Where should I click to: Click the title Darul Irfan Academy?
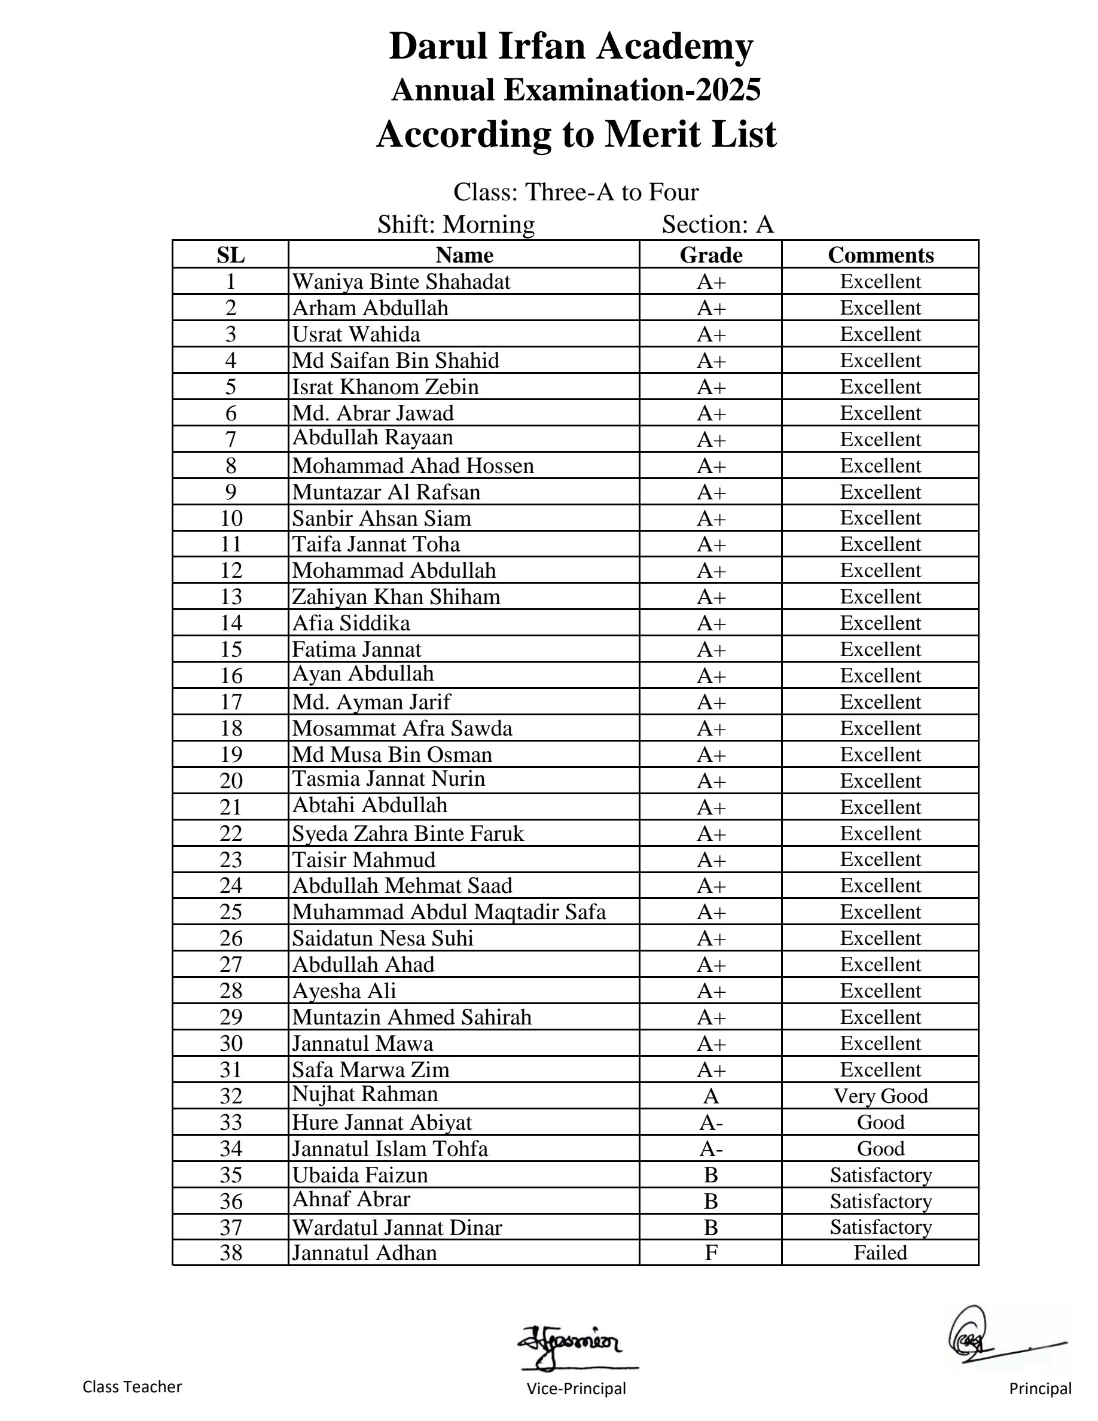pyautogui.click(x=571, y=47)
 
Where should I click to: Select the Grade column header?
pyautogui.click(x=710, y=255)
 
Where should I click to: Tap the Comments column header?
pyautogui.click(x=880, y=255)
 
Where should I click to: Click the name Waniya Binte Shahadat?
pyautogui.click(x=401, y=282)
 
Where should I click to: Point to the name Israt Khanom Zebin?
pyautogui.click(x=385, y=387)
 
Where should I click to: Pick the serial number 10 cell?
pyautogui.click(x=231, y=519)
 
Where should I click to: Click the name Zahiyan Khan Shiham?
pyautogui.click(x=396, y=597)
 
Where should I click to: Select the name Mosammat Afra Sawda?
pyautogui.click(x=402, y=728)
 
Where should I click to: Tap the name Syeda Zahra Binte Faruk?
pyautogui.click(x=408, y=834)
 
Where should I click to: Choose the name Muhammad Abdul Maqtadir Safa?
pyautogui.click(x=449, y=912)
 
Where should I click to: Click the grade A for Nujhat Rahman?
pyautogui.click(x=710, y=1096)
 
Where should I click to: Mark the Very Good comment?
pyautogui.click(x=880, y=1096)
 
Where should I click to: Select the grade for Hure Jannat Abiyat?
pyautogui.click(x=710, y=1123)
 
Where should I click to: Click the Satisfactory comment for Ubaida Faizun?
pyautogui.click(x=880, y=1175)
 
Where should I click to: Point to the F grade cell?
pyautogui.click(x=710, y=1253)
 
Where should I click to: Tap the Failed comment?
pyautogui.click(x=880, y=1253)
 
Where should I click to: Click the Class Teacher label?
pyautogui.click(x=132, y=1387)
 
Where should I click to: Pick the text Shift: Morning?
pyautogui.click(x=456, y=224)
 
